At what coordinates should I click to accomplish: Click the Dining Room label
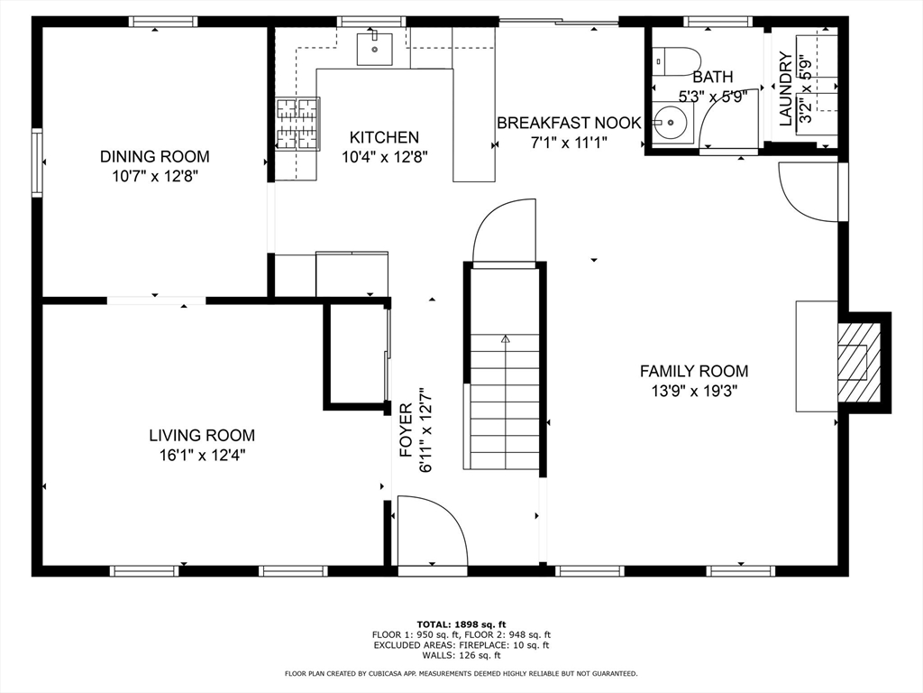[x=154, y=156]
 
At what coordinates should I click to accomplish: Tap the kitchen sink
[x=374, y=49]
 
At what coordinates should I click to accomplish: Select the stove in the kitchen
[x=297, y=123]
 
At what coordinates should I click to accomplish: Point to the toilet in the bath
[x=677, y=61]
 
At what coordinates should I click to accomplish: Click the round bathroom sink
[x=670, y=123]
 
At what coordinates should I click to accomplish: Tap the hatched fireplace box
[x=859, y=363]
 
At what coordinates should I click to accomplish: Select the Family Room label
[x=694, y=371]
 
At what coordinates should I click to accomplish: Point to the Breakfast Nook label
[x=569, y=123]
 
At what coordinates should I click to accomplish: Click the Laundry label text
[x=786, y=89]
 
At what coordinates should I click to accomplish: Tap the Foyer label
[x=407, y=430]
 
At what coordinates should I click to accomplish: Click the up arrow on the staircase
[x=505, y=339]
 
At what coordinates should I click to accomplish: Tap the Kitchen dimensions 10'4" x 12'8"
[x=384, y=157]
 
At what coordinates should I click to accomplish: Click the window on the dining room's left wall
[x=37, y=162]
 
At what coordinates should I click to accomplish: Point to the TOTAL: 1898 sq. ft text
[x=461, y=624]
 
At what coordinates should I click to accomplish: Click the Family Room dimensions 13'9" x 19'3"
[x=695, y=391]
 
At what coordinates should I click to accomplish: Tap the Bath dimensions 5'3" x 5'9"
[x=713, y=96]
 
